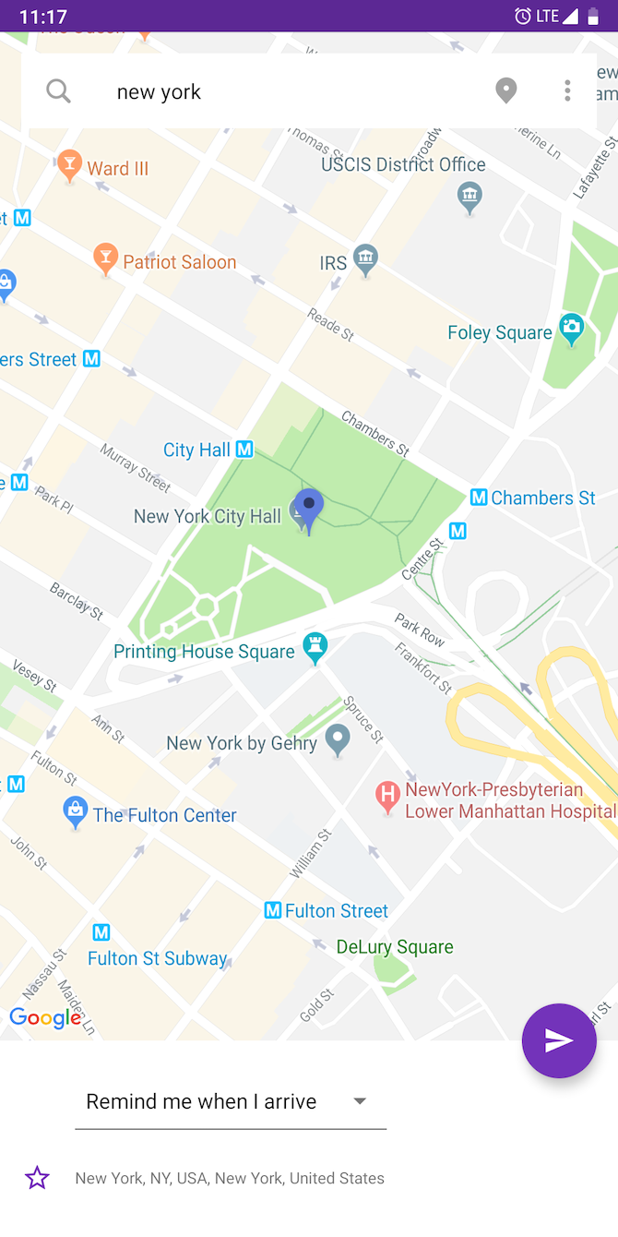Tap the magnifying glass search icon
coord(58,90)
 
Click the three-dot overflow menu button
coord(567,90)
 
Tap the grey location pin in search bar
coord(505,90)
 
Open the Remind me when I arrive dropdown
coord(230,1101)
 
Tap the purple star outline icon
coord(37,1178)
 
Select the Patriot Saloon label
coord(180,262)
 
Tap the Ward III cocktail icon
coord(69,166)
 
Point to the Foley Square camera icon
coord(572,329)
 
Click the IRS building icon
coord(366,259)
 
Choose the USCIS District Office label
coord(403,164)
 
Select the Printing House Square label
coord(204,652)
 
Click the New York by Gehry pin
coord(338,739)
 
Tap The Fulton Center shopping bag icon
coord(75,811)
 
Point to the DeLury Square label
coord(395,947)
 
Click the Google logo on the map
coord(45,1018)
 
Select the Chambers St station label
coord(543,498)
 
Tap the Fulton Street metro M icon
coord(273,911)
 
